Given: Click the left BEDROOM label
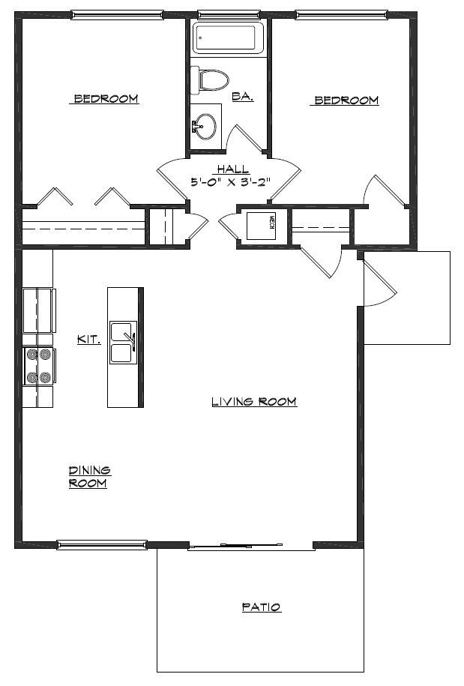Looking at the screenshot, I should click(105, 99).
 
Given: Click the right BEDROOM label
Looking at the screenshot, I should click(346, 100).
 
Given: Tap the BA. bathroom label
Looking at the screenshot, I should click(242, 96).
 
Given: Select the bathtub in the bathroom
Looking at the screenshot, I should click(228, 37).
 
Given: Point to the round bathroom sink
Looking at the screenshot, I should click(205, 124).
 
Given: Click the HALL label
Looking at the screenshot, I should click(232, 169).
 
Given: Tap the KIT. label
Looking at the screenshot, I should click(89, 339).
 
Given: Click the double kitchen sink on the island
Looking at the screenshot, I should click(122, 343).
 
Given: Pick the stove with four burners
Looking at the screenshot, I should click(38, 367).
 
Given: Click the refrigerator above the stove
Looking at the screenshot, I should click(38, 310).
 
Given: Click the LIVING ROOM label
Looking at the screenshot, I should click(254, 402).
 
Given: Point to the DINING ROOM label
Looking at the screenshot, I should click(89, 477).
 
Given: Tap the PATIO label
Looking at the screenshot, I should click(261, 607).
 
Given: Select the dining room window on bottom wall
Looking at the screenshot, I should click(102, 544).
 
